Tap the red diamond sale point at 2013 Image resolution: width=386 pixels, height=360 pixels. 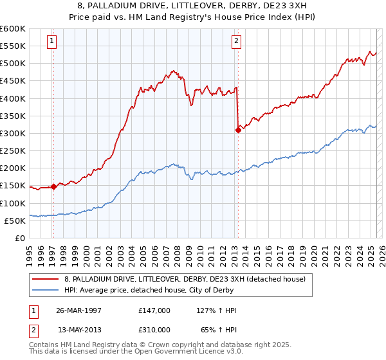point(238,130)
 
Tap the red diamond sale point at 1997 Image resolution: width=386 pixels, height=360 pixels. point(53,187)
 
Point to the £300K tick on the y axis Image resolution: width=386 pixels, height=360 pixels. point(14,134)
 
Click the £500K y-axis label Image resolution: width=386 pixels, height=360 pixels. point(14,64)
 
